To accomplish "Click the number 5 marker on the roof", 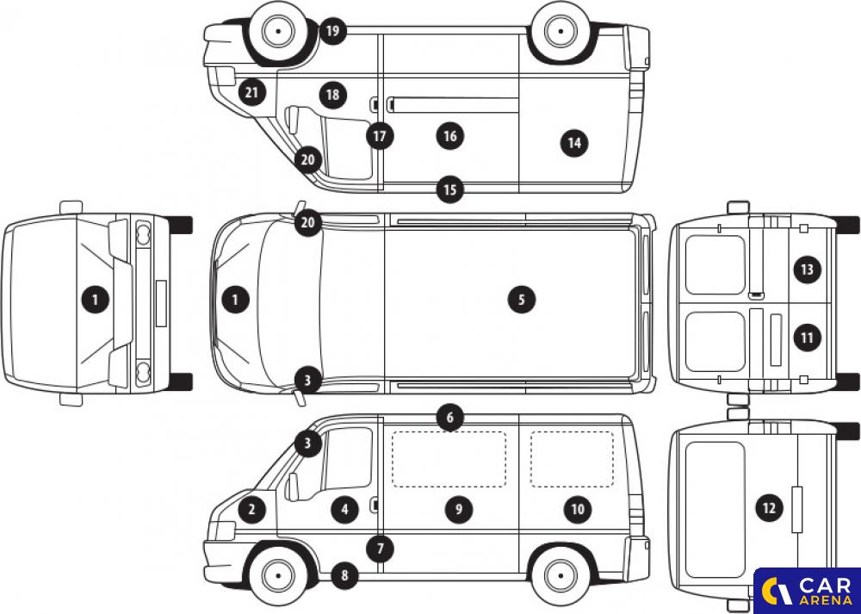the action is [x=521, y=300].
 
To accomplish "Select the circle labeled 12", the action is [x=769, y=509].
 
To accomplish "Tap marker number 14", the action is [x=573, y=143].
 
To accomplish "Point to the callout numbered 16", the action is [x=450, y=136].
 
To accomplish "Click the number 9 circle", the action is [x=459, y=510].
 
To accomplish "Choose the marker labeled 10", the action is [x=578, y=510].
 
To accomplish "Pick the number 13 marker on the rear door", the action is [x=807, y=270].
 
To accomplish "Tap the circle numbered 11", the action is [x=807, y=338].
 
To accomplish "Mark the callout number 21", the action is [x=251, y=93].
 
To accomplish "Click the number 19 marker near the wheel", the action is [x=332, y=31].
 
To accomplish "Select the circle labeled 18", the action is [x=332, y=95].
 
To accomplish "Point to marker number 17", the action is [x=380, y=136].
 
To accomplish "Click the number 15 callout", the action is [x=450, y=190].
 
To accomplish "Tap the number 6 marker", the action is [x=450, y=418].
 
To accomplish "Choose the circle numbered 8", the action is [x=345, y=575].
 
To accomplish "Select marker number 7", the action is [x=381, y=548].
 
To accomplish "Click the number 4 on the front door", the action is [x=345, y=510].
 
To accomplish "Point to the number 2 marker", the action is [x=251, y=510].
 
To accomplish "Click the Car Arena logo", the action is [x=808, y=591].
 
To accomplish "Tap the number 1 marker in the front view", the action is [x=96, y=300].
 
